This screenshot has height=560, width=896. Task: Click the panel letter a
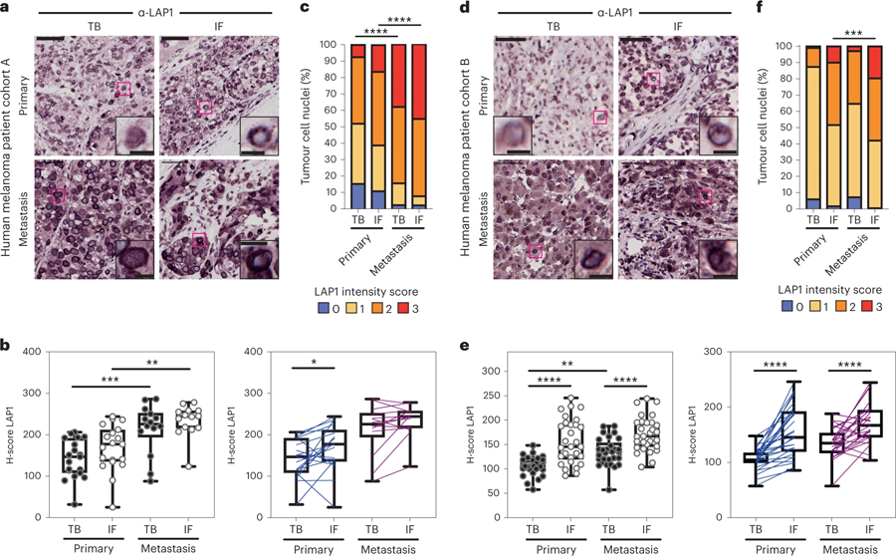(7, 9)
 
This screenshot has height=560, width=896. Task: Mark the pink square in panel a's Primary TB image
(122, 90)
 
